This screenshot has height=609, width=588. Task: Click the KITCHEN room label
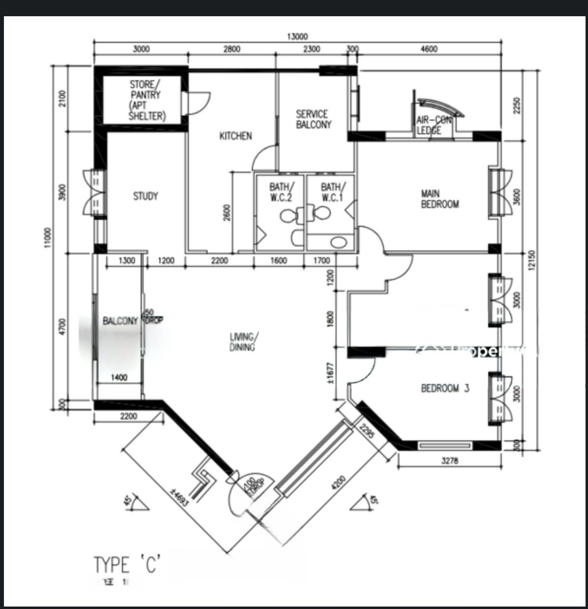click(235, 136)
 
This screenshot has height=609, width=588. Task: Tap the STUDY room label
click(146, 196)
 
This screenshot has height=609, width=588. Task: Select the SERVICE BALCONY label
click(313, 120)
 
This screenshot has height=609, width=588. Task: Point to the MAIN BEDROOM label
click(439, 199)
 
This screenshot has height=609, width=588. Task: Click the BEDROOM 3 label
click(445, 389)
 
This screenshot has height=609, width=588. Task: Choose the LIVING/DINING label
click(242, 342)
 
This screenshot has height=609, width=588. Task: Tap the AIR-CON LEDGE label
click(433, 125)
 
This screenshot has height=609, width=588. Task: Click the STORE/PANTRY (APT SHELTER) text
click(146, 100)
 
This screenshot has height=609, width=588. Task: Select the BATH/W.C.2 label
click(280, 192)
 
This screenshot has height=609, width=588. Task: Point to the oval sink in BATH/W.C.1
click(338, 242)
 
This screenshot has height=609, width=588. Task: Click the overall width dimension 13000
click(297, 36)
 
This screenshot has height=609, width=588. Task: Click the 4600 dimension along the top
click(429, 49)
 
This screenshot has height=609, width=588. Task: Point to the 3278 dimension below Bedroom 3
click(450, 461)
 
